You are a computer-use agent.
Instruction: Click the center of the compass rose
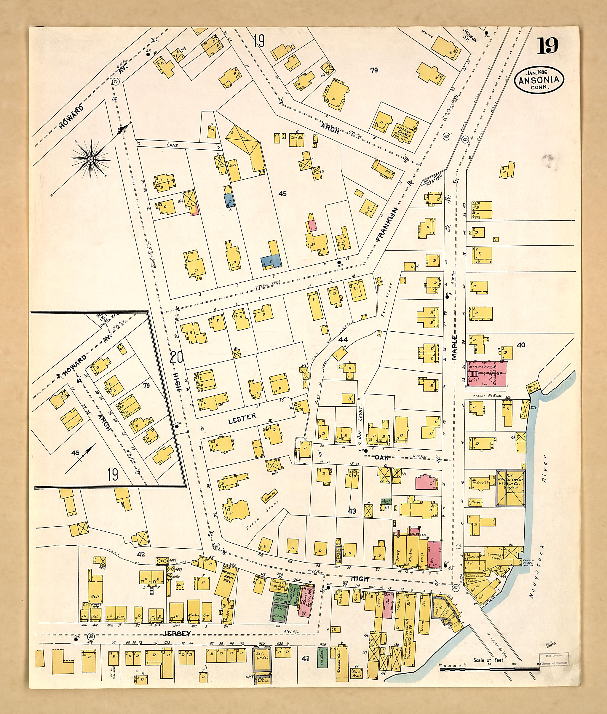(x=90, y=159)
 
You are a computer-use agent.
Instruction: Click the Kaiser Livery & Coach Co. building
(x=510, y=487)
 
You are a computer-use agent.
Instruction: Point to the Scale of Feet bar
(x=489, y=669)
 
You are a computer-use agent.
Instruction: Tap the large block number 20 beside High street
(x=176, y=358)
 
